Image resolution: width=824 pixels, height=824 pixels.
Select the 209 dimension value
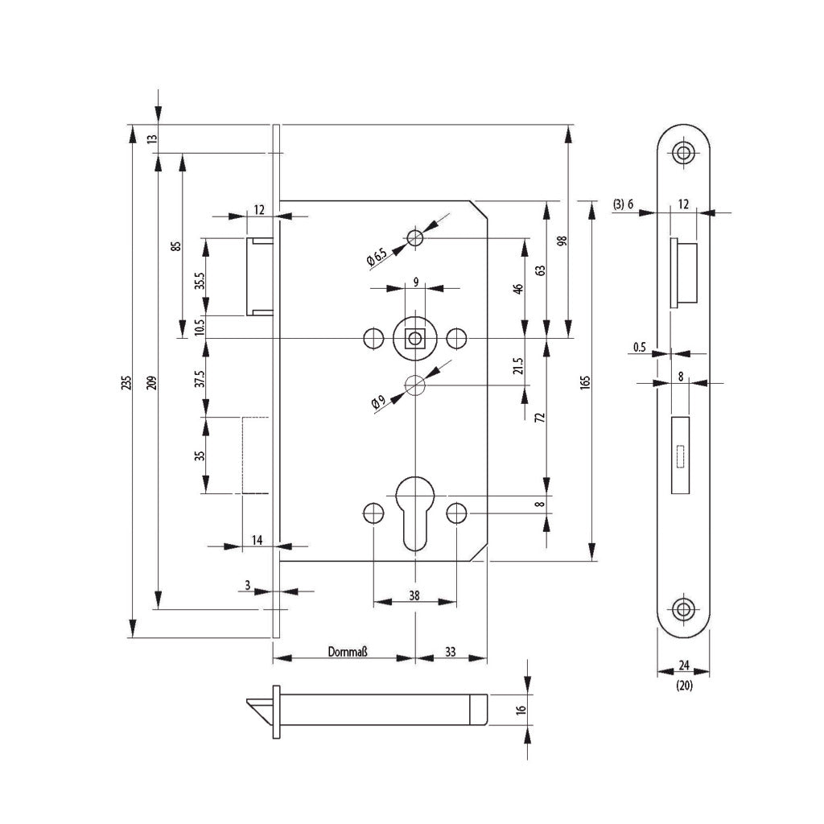(x=151, y=382)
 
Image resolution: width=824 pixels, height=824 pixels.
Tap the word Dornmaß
(x=348, y=652)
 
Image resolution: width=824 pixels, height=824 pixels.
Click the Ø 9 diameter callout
(x=378, y=402)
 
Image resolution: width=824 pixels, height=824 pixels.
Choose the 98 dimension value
(x=562, y=241)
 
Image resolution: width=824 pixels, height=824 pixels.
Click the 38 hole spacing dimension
(x=414, y=595)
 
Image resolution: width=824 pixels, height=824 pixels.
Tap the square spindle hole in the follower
(x=415, y=337)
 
